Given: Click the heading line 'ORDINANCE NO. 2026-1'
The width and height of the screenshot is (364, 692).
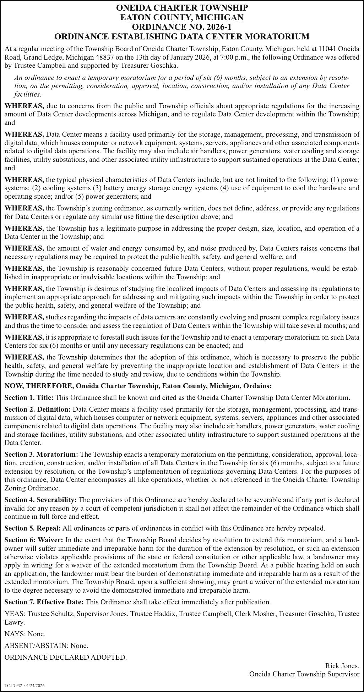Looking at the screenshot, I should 182,27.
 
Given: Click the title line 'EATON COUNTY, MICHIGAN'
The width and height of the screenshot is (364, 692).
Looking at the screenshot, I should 182,17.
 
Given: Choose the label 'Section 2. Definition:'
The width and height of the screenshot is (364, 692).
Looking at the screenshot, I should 38,409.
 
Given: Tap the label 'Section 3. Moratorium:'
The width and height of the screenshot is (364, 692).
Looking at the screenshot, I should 41,455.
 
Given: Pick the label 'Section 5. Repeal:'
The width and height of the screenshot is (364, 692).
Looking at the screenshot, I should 33,528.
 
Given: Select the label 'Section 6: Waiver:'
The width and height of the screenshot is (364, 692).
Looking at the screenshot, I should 34,540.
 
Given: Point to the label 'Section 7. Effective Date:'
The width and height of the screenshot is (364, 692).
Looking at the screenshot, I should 44,602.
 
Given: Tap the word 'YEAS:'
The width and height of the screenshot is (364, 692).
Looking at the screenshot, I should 15,614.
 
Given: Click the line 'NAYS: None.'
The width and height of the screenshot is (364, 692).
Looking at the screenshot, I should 25,634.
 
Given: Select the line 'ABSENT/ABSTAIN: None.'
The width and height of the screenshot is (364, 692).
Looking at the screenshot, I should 46,646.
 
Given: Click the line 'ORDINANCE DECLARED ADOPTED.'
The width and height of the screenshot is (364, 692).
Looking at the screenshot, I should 65,657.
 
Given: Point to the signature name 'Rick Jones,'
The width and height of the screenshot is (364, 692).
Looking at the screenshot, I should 342,666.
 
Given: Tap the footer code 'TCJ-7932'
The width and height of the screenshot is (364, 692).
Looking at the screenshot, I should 13,686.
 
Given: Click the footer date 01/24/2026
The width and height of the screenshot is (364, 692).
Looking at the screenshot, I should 34,686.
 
